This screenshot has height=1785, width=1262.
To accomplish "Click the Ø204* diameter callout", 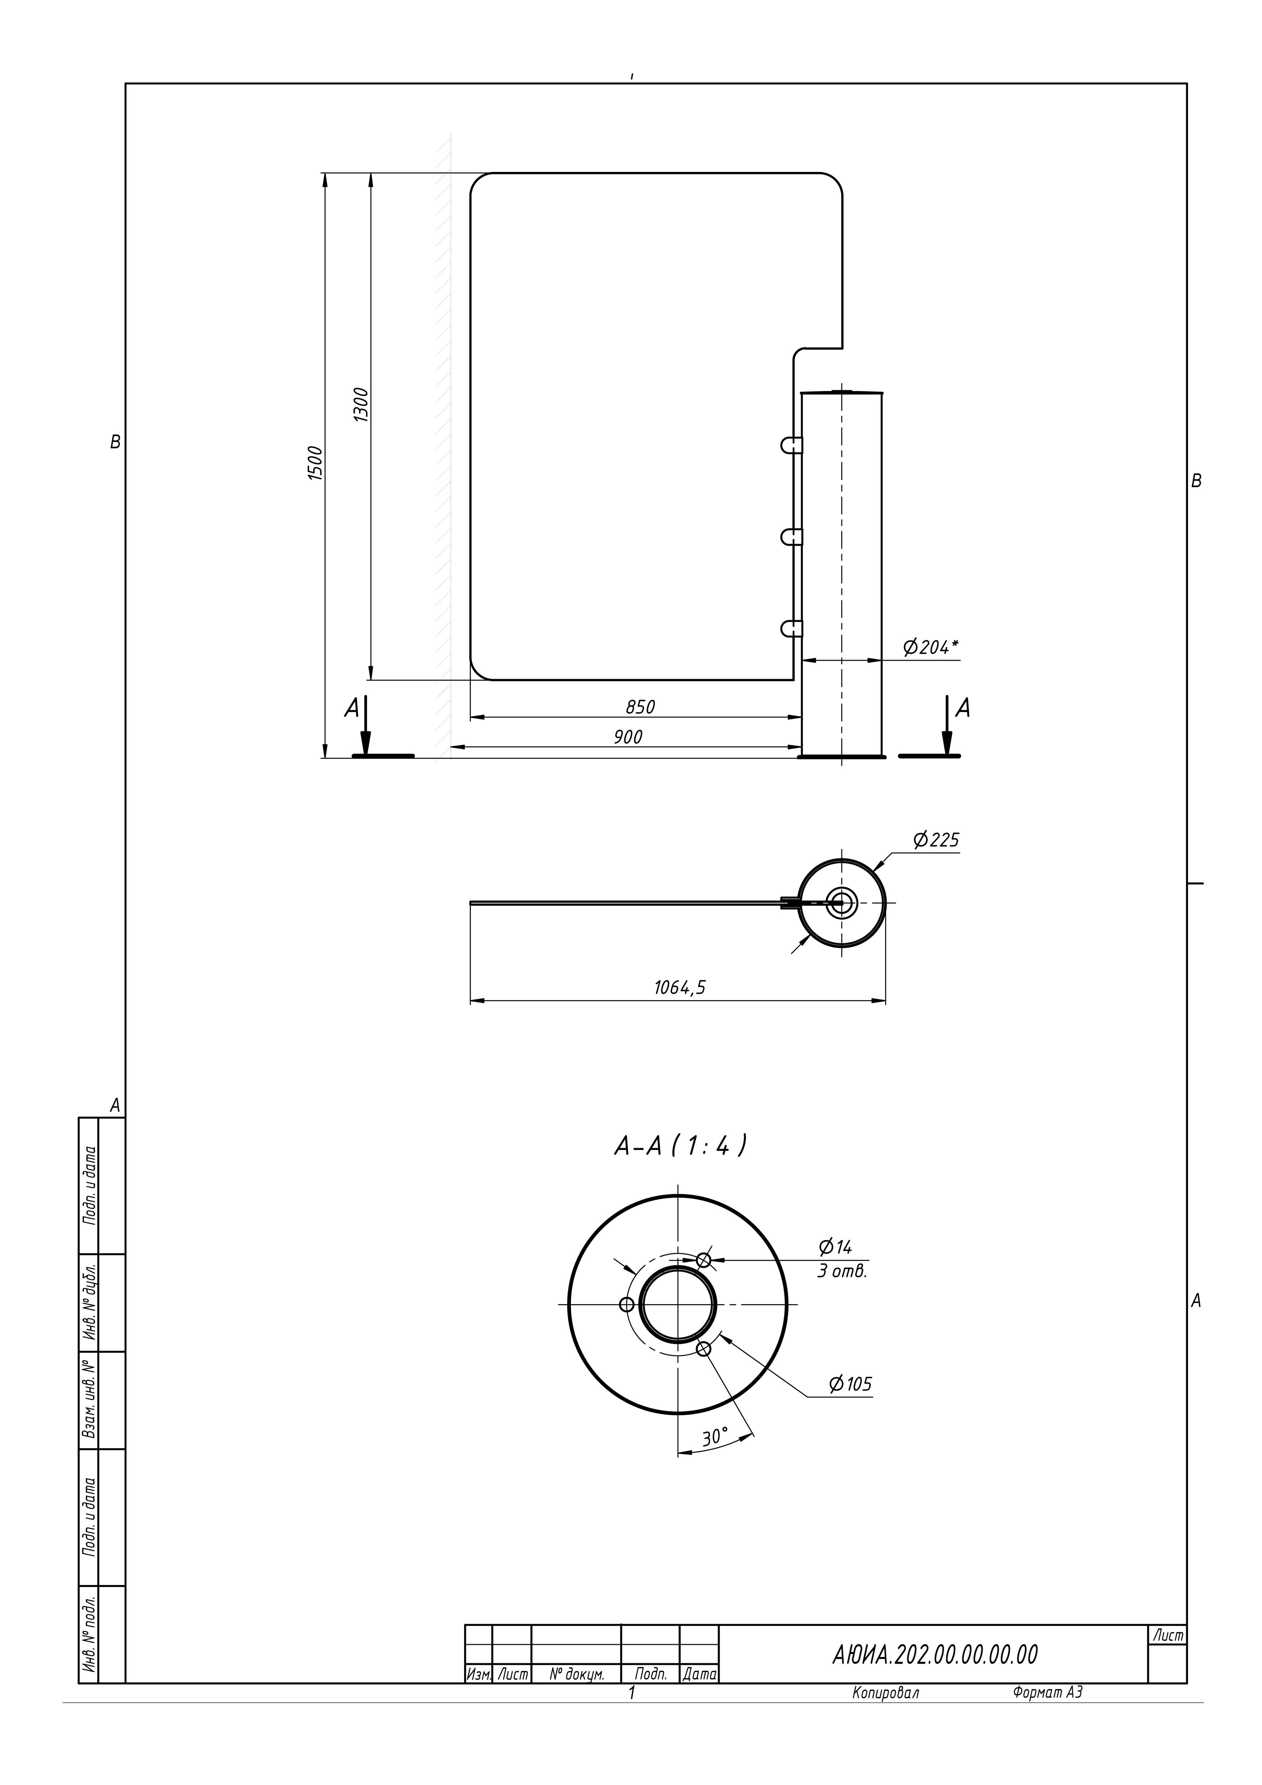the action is [930, 647].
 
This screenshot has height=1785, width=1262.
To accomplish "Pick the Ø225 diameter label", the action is [937, 840].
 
